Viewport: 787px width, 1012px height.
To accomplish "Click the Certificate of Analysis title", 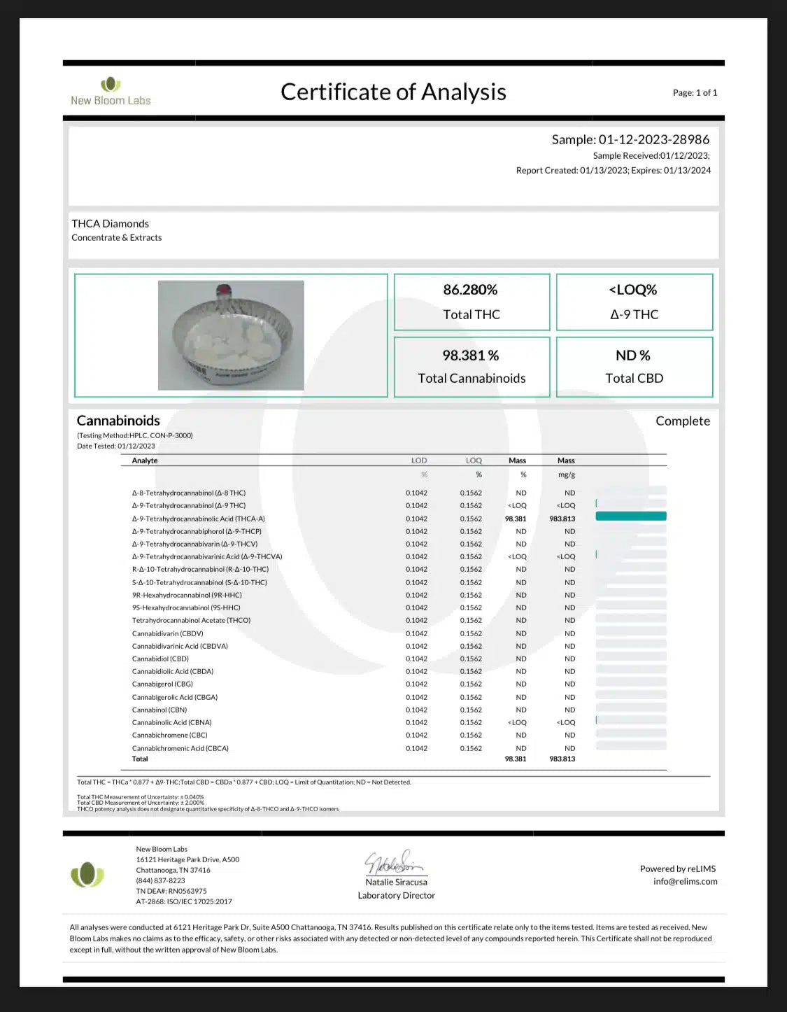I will (x=393, y=92).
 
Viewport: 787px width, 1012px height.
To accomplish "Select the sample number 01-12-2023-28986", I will (x=653, y=139).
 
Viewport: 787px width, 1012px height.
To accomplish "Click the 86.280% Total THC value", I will (x=470, y=290).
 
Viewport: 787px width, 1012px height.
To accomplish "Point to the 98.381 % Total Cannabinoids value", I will (x=470, y=356).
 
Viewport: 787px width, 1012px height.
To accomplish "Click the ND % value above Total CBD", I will (x=633, y=356).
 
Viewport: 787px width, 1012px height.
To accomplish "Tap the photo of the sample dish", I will (x=231, y=335).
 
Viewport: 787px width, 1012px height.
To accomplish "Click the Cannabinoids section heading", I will (x=118, y=421).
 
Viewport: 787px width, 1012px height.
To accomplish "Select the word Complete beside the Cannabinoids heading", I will (x=682, y=421).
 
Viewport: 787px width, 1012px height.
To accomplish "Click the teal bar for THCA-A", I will (x=630, y=516).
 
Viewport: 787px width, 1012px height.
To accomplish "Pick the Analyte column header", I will (x=145, y=461).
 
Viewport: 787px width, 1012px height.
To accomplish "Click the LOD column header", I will (x=419, y=461).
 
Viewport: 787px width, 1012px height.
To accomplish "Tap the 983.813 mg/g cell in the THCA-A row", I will (x=562, y=519).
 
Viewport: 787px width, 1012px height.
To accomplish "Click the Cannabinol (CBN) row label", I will (x=159, y=710).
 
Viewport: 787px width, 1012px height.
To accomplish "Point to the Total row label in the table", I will (x=140, y=759).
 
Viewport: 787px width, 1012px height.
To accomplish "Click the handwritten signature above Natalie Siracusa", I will (x=393, y=863).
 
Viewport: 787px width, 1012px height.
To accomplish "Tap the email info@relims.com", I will (x=685, y=881).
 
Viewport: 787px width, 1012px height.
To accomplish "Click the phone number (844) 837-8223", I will (x=160, y=880).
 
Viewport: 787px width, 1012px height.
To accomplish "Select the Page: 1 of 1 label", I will (x=695, y=92).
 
